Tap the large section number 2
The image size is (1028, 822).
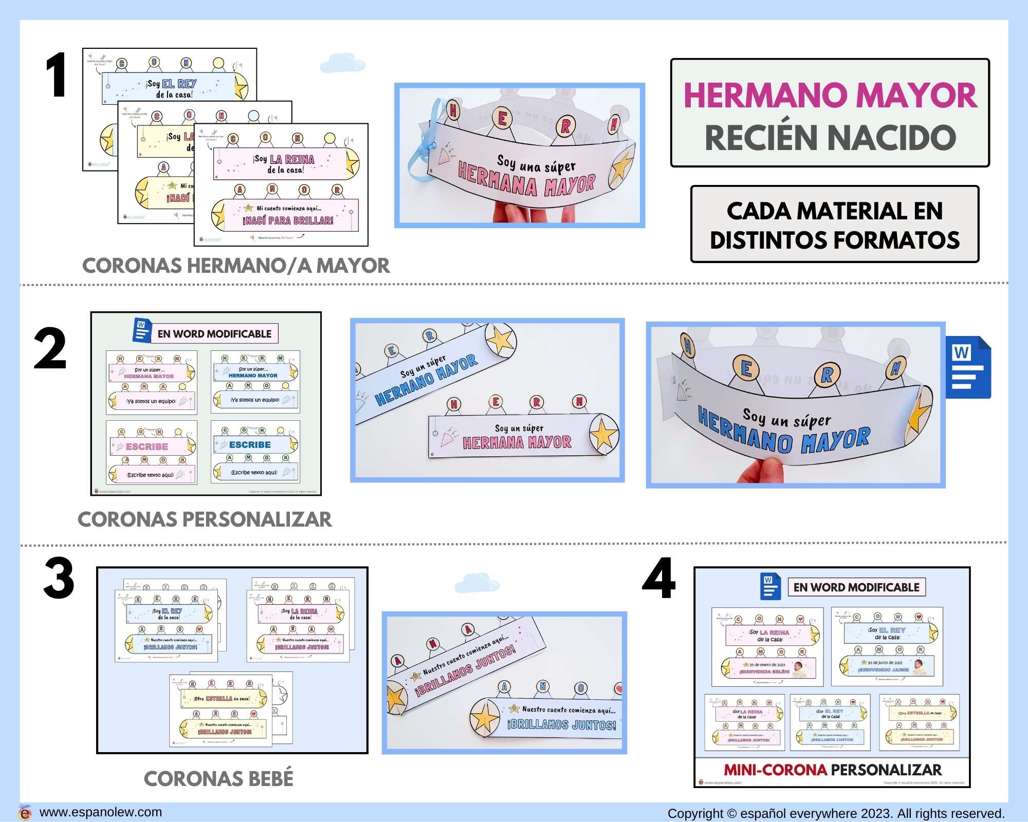pos(50,349)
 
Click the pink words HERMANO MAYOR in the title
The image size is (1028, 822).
pos(830,96)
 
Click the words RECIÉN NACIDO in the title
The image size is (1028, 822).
pos(830,138)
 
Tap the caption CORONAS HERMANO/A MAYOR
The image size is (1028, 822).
pos(236,266)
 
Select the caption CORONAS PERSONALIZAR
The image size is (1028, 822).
pos(205,519)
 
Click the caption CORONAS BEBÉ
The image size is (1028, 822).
pos(218,779)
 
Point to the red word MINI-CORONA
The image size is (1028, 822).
pos(775,770)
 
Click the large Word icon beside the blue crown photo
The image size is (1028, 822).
pos(967,367)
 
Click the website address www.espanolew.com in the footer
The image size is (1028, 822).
pos(100,812)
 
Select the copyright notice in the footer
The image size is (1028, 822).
pos(836,813)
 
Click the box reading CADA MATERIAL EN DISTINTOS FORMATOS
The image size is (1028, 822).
pos(834,225)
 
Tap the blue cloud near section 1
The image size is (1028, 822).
pos(342,64)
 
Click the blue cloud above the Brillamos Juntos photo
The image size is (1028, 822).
pos(476,584)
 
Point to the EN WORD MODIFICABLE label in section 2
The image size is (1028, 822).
pos(214,334)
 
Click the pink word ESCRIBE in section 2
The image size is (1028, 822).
pos(146,446)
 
